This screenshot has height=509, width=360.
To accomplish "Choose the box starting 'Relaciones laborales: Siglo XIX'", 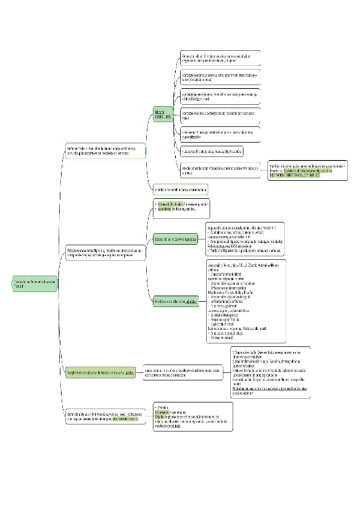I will (106, 253).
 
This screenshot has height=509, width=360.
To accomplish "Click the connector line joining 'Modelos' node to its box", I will (202, 301).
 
